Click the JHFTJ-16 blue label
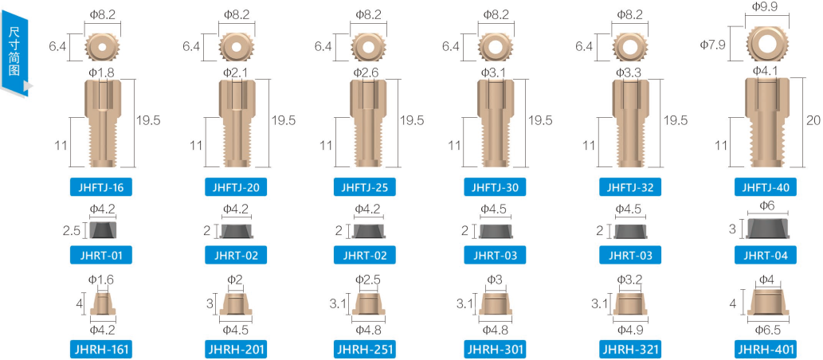pos(100,187)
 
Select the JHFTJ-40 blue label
pos(766,187)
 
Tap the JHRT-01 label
pos(100,256)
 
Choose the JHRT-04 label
pos(766,256)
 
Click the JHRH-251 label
pos(364,349)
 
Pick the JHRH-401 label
pos(766,349)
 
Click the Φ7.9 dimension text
pos(713,45)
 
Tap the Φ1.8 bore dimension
pos(102,72)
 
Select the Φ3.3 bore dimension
pos(630,72)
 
